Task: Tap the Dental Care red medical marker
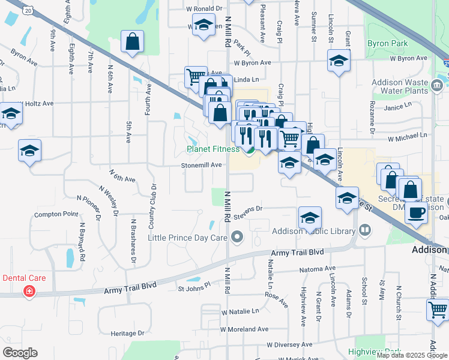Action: [x=28, y=292]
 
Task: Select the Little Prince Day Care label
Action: [x=187, y=238]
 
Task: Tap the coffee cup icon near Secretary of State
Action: [x=417, y=212]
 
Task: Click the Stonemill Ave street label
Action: [x=202, y=165]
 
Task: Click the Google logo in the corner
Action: [x=20, y=353]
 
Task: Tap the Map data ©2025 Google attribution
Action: [x=412, y=355]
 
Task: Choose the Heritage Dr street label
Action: [x=125, y=333]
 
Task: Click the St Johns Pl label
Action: [x=194, y=287]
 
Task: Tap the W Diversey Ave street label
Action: [x=290, y=344]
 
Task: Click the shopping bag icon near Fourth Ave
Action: [x=133, y=43]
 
